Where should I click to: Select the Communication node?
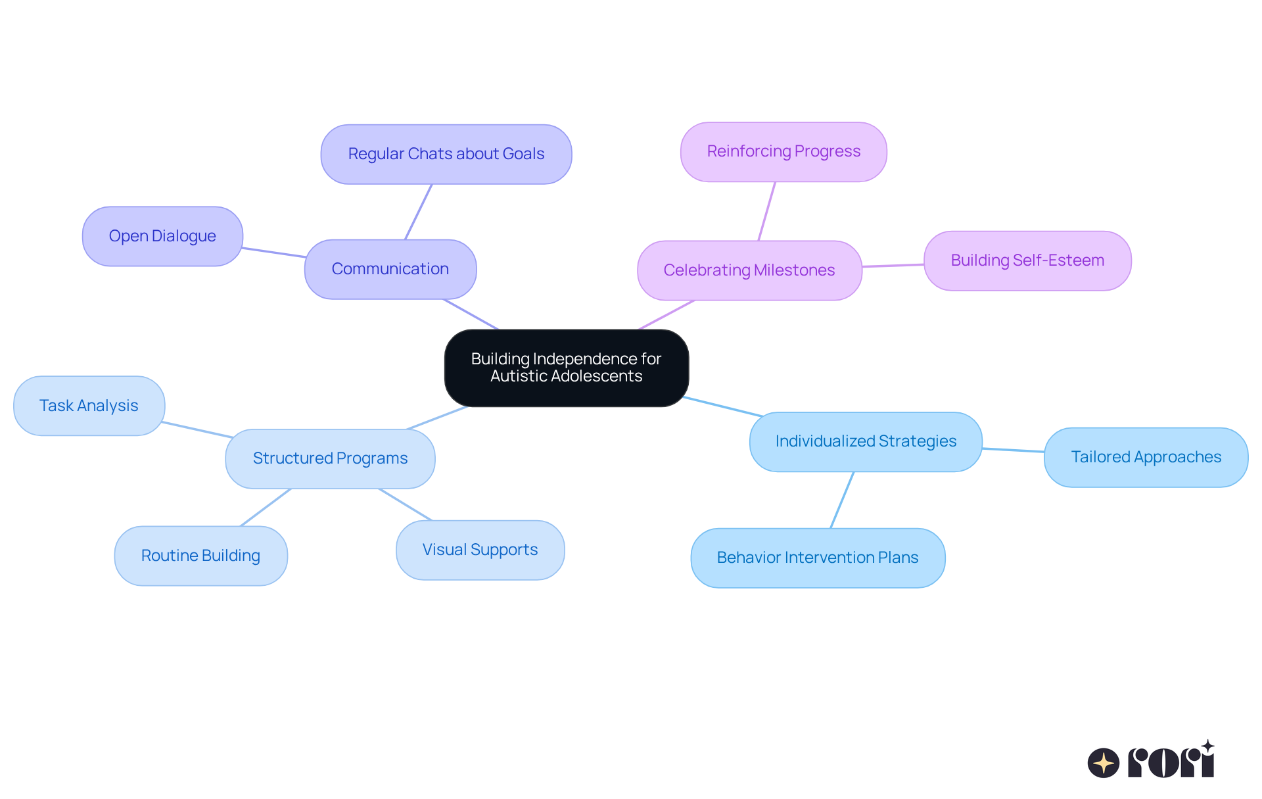click(390, 269)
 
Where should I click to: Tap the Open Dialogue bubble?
click(162, 236)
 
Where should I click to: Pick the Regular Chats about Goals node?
click(446, 154)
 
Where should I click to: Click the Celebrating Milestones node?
click(749, 270)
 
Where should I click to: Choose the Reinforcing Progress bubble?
click(783, 151)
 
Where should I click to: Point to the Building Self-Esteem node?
click(1027, 260)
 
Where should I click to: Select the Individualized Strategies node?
click(865, 441)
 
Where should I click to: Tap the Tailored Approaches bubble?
click(1145, 457)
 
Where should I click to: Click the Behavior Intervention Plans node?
click(817, 558)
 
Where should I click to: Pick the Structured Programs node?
click(330, 458)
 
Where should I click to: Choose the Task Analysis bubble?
click(89, 406)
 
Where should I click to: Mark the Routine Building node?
click(200, 556)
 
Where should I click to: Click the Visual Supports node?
click(480, 550)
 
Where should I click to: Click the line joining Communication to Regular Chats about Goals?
click(419, 212)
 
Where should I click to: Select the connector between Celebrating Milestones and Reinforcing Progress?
click(767, 211)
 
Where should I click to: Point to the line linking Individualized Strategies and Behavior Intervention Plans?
click(842, 500)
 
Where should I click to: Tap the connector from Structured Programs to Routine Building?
click(266, 507)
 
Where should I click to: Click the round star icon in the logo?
click(1103, 763)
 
